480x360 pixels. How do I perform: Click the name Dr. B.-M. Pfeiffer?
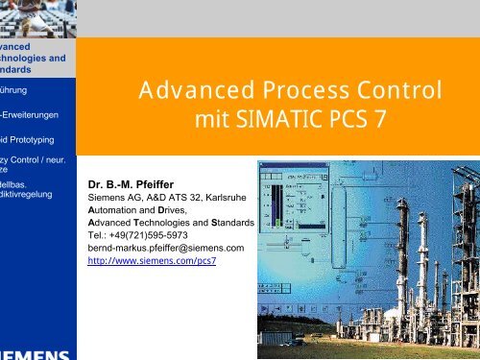click(133, 181)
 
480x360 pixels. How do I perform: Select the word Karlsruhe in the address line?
click(228, 195)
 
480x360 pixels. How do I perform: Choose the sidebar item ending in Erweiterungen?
click(31, 115)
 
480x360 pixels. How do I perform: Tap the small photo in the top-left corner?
click(37, 16)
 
